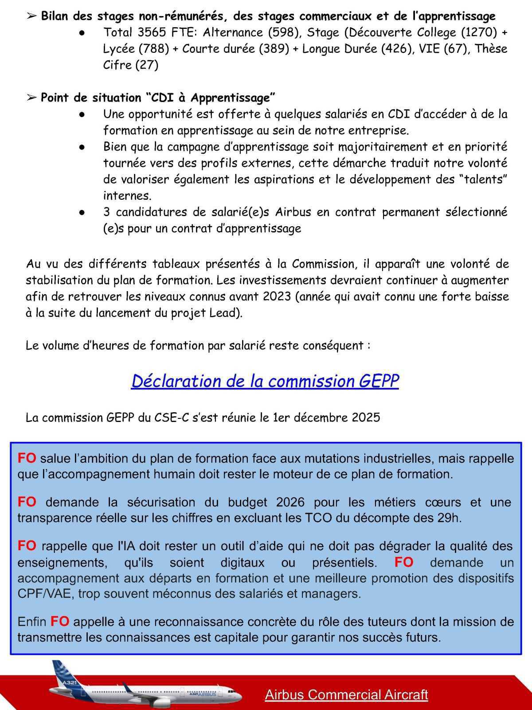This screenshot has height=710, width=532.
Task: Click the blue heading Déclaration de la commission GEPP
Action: [265, 381]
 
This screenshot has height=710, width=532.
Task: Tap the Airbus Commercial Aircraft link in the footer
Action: [346, 694]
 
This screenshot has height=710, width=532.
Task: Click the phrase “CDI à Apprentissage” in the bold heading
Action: [211, 98]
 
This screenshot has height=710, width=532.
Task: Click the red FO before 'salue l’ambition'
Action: [27, 458]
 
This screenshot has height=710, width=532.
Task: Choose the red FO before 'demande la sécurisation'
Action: [27, 502]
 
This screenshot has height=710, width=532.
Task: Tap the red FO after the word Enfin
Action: [59, 622]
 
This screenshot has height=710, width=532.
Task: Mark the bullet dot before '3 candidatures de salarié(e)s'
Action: [82, 213]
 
